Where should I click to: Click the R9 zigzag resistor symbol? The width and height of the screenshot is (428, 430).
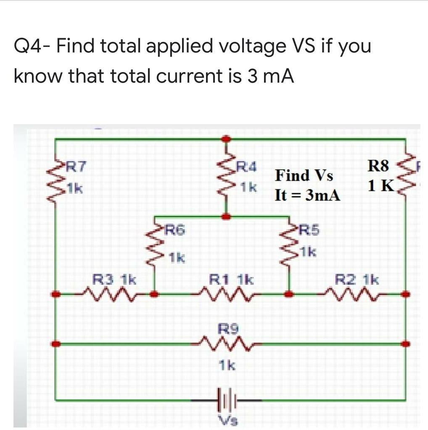pos(227,344)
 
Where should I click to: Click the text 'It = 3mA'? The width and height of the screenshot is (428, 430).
pos(307,195)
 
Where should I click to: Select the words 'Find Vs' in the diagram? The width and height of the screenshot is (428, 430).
pos(304,175)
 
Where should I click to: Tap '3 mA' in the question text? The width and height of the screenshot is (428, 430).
pos(269,76)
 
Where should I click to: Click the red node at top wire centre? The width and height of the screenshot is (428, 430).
pos(227,138)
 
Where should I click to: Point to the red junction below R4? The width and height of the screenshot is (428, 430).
pos(227,216)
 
